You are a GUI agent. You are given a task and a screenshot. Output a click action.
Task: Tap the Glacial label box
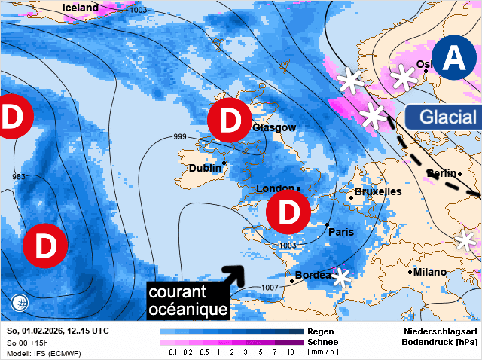click(x=443, y=117)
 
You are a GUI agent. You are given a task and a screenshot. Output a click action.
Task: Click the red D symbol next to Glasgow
click(x=229, y=121)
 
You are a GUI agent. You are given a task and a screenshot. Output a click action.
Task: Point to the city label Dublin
click(x=204, y=168)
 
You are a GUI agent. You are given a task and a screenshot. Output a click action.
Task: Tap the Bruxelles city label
click(x=378, y=191)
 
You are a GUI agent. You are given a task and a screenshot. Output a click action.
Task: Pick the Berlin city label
click(x=441, y=174)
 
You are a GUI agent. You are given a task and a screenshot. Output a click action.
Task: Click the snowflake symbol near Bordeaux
click(x=343, y=277)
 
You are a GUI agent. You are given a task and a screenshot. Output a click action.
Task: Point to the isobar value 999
click(x=180, y=136)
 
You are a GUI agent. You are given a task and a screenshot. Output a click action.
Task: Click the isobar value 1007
click(x=270, y=288)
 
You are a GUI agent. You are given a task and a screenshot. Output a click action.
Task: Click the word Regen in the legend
click(x=321, y=331)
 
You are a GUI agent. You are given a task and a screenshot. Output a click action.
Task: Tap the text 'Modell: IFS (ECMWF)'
click(x=43, y=353)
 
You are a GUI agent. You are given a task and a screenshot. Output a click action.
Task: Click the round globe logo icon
click(x=20, y=304)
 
